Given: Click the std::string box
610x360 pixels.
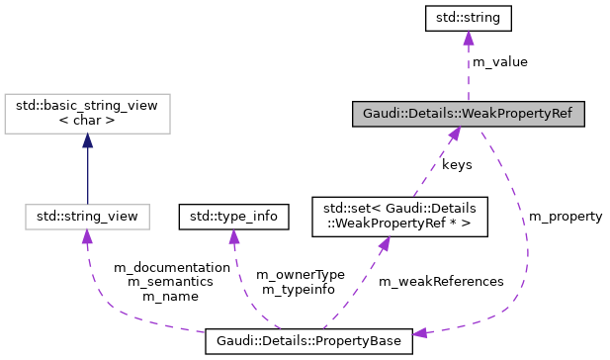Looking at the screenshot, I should click(x=468, y=17).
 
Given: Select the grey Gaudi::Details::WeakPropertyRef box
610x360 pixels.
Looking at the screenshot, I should click(x=468, y=113).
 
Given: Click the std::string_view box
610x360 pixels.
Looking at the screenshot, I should click(x=87, y=214).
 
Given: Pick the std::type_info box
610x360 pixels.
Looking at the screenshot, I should click(x=232, y=214).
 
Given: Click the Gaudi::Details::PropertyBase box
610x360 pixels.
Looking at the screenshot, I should click(x=308, y=341).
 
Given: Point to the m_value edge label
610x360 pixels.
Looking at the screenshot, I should click(x=499, y=61).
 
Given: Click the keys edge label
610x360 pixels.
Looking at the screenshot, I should click(x=457, y=164).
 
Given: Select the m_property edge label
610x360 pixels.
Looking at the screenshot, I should click(x=566, y=216).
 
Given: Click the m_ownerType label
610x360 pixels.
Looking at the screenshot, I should click(x=300, y=274).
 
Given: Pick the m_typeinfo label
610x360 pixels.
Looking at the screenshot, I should click(x=296, y=289).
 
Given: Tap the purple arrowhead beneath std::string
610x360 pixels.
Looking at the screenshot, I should click(x=468, y=38).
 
